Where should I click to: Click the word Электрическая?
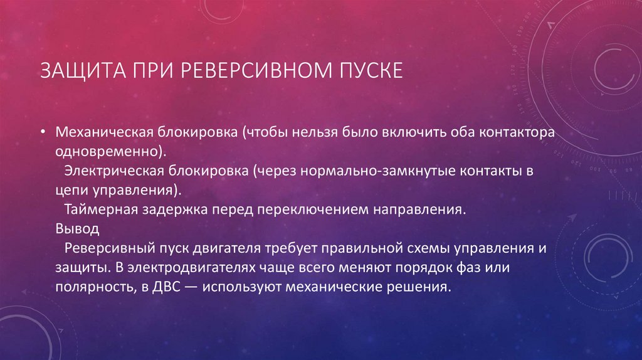coord(113,171)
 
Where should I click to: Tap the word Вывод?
coord(73,228)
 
